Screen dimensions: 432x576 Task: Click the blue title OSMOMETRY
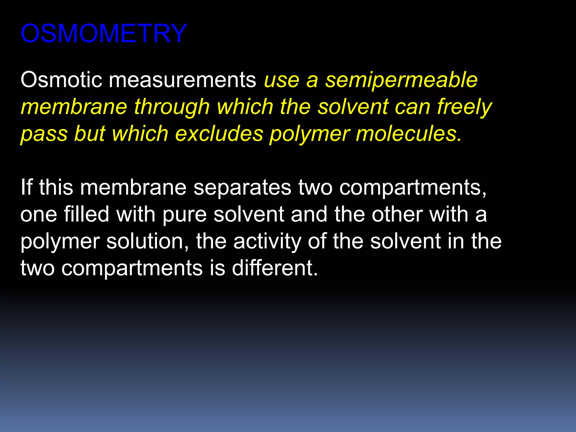(x=103, y=33)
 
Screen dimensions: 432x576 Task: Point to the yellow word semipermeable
(x=401, y=80)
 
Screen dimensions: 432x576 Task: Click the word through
(x=172, y=107)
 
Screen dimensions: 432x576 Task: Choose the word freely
(x=464, y=107)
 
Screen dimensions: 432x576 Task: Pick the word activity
(x=267, y=242)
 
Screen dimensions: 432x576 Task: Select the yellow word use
(x=282, y=80)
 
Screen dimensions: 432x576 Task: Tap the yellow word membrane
(x=74, y=107)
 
